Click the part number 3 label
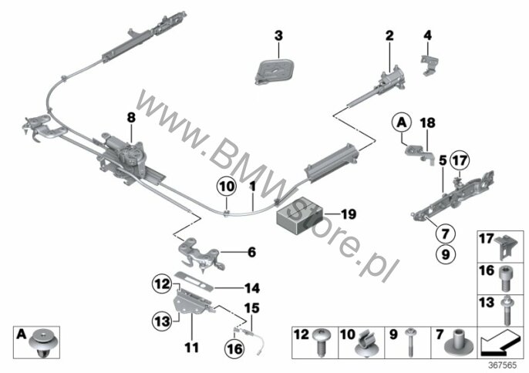coord(278,35)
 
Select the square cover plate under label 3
coord(274,72)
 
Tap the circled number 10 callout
coord(227,186)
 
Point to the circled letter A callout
coord(402,123)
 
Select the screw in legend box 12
coord(322,341)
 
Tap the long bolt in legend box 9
coord(410,341)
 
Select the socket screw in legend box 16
coord(505,278)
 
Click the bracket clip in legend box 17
coord(506,248)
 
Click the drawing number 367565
coord(503,365)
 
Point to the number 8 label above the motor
coord(131,118)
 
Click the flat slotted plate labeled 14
coord(194,281)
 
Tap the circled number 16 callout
coord(234,348)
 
